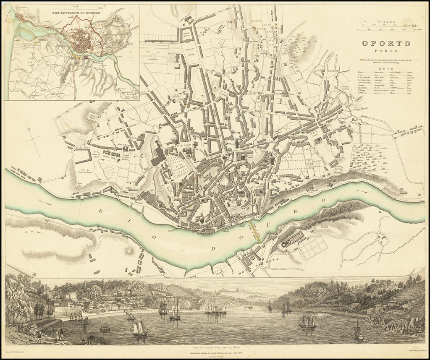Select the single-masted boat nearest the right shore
click(x=358, y=331)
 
